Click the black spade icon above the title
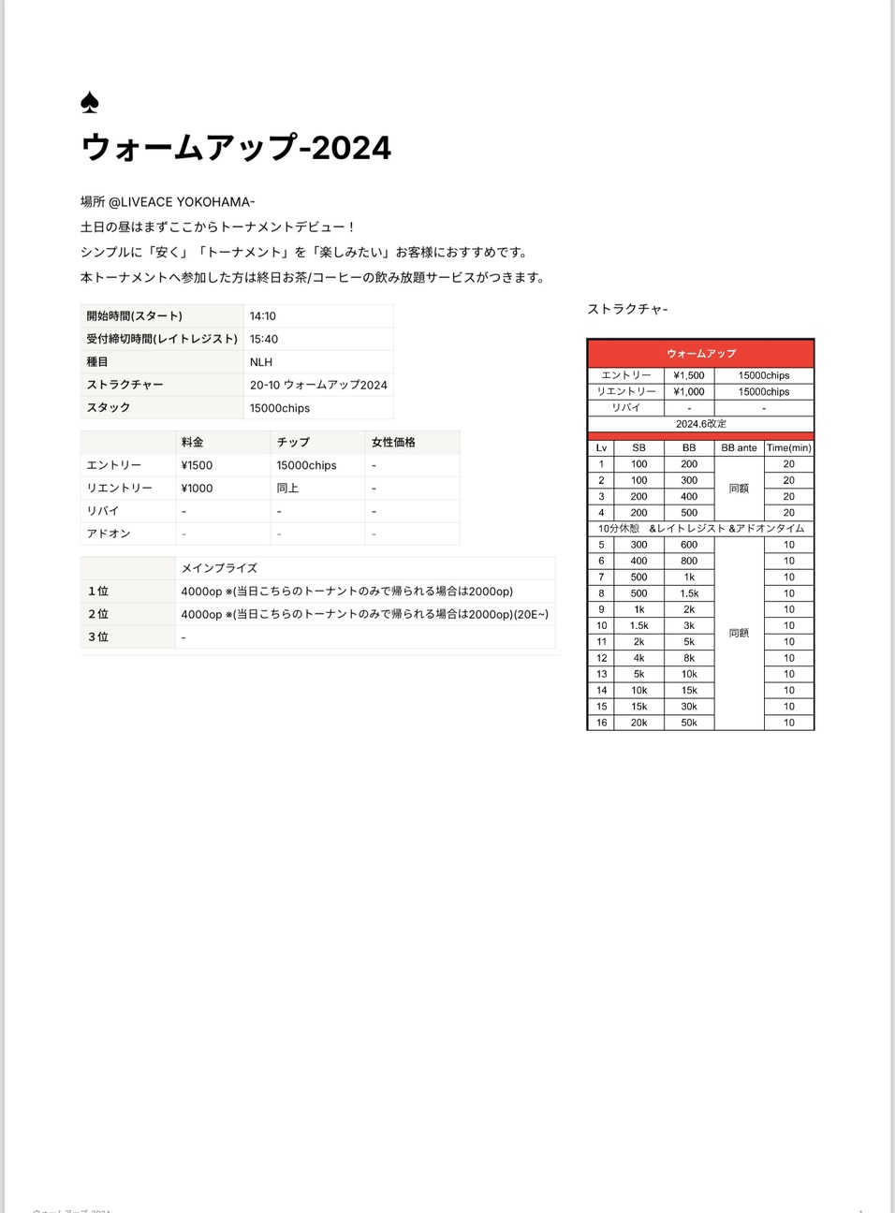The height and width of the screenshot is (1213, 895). [90, 102]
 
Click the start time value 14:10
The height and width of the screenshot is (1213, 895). [263, 316]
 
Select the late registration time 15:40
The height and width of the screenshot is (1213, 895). [264, 339]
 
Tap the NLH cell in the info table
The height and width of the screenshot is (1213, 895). [261, 362]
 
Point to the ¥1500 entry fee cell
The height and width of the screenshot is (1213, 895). [198, 465]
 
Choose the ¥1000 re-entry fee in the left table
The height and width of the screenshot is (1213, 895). [198, 488]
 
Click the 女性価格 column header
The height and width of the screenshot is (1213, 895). [393, 442]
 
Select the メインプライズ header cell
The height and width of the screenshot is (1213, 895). [219, 568]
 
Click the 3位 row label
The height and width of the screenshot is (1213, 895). [98, 636]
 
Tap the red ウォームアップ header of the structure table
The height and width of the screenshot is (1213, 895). [701, 353]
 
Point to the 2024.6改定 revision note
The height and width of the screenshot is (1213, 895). [701, 424]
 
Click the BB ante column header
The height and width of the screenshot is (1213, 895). [739, 448]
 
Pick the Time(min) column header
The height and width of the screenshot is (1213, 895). [789, 448]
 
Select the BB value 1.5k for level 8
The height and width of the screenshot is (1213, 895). [689, 593]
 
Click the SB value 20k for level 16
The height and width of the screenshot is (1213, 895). [638, 723]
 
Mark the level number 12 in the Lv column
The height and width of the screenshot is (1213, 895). [601, 658]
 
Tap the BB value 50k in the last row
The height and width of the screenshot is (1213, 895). [689, 723]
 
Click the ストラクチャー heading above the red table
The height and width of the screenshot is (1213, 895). [627, 309]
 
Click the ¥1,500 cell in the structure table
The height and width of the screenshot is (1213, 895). [689, 375]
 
